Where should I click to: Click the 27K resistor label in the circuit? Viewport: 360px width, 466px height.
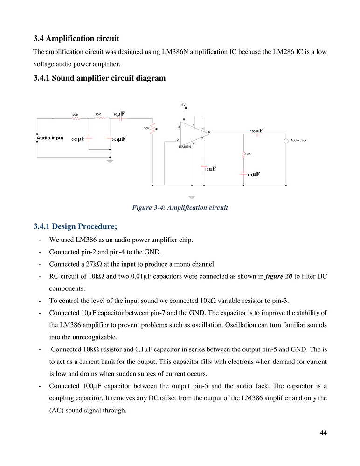pos(75,114)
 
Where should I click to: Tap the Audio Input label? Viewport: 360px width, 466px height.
pos(50,138)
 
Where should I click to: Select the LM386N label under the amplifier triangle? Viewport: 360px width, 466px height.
pos(185,146)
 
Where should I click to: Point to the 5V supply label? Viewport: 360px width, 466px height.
pos(184,104)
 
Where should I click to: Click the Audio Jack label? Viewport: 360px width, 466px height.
pos(298,140)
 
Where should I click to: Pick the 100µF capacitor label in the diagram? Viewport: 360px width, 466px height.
pos(256,131)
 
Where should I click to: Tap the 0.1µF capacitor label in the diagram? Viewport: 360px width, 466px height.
pos(253,174)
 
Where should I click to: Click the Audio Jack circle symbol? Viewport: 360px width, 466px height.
pos(286,141)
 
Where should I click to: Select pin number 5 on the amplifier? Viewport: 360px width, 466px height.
pos(209,132)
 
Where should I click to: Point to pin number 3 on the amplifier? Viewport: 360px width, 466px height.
pos(179,127)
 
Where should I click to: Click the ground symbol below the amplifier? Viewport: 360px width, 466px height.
pos(191,196)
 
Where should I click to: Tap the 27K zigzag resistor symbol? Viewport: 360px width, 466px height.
pos(76,119)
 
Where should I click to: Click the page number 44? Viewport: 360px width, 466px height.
pos(323,433)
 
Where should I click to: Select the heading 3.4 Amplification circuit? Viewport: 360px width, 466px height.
pos(76,38)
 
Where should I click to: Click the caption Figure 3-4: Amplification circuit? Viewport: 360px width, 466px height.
pos(180,207)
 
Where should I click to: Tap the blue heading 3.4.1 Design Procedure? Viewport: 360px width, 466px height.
pos(75,226)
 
